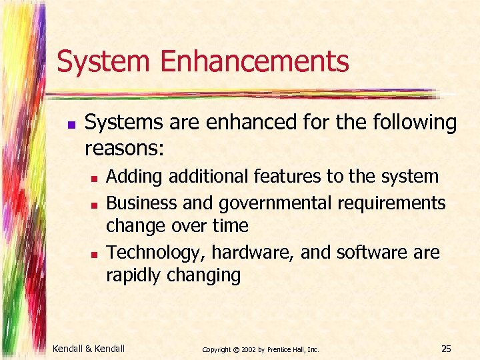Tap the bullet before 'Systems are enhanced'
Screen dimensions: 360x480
71,125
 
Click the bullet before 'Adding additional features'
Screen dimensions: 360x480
95,179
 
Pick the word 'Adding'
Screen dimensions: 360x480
135,177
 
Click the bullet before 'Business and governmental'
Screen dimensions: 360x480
95,203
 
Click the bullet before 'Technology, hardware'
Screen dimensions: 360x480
95,254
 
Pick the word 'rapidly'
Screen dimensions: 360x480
131,275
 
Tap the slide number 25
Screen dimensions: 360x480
446,347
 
